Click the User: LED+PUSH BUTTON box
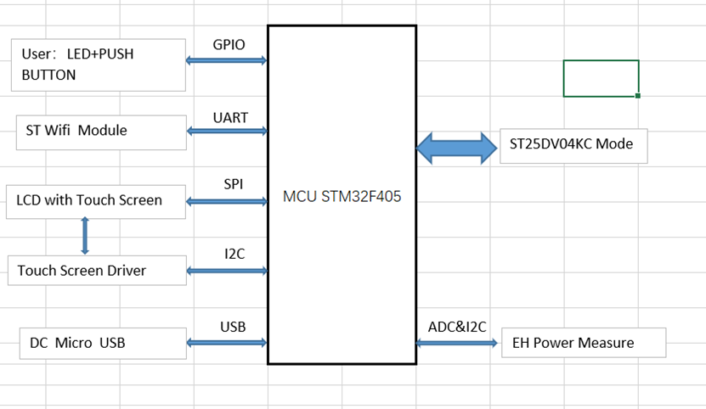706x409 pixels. coord(99,64)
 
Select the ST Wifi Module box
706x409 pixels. coord(101,131)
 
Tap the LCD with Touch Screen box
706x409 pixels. coord(95,201)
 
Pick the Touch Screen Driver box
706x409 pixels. coord(96,271)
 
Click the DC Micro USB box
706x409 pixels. coord(102,343)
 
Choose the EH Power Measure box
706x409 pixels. coord(584,343)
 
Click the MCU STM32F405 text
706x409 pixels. coord(342,198)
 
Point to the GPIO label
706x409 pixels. coord(229,44)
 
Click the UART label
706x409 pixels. coord(230,117)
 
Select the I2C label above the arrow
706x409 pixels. coord(235,254)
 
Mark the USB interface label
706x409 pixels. coord(233,326)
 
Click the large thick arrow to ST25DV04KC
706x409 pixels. coord(457,148)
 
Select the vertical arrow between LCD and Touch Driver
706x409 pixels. coord(84,236)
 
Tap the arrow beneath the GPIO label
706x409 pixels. coord(227,60)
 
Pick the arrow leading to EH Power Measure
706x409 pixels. coord(457,343)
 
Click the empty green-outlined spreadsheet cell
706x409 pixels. coord(601,78)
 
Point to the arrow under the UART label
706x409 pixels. coord(227,131)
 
